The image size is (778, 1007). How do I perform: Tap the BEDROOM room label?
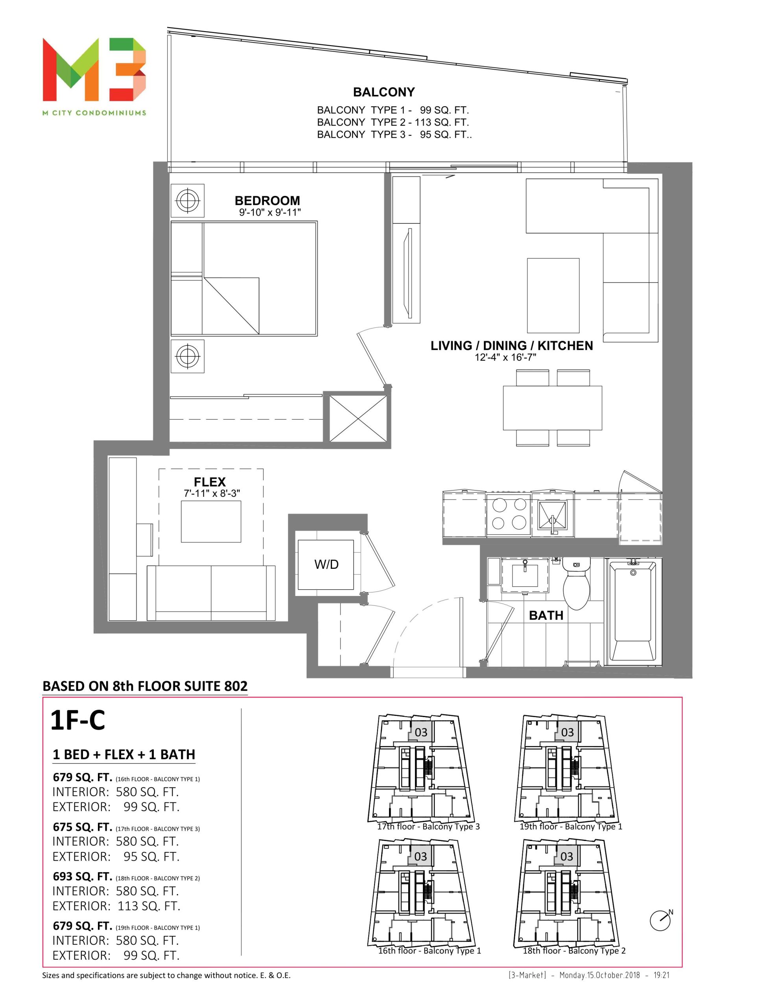point(267,201)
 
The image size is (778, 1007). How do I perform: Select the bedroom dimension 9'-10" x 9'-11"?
point(270,212)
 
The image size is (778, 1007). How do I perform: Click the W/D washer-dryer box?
point(326,564)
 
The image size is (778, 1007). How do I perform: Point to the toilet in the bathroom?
point(577,583)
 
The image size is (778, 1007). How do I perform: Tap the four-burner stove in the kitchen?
point(509,514)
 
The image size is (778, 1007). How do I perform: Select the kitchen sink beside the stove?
point(553,516)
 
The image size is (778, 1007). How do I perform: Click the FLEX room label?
point(210,482)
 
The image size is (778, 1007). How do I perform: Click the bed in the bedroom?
point(244,278)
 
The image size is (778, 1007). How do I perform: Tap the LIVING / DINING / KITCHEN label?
point(511,346)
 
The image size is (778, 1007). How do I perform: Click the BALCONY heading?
point(384,92)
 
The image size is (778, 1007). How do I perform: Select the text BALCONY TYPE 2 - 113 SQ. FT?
point(393,122)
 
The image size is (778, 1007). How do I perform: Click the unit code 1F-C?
point(77,720)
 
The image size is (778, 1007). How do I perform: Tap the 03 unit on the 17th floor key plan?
point(420,732)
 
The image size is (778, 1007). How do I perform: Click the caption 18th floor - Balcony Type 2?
point(574,950)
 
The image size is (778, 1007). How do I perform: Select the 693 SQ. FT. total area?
point(83,876)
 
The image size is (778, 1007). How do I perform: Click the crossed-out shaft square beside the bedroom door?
point(358,417)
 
